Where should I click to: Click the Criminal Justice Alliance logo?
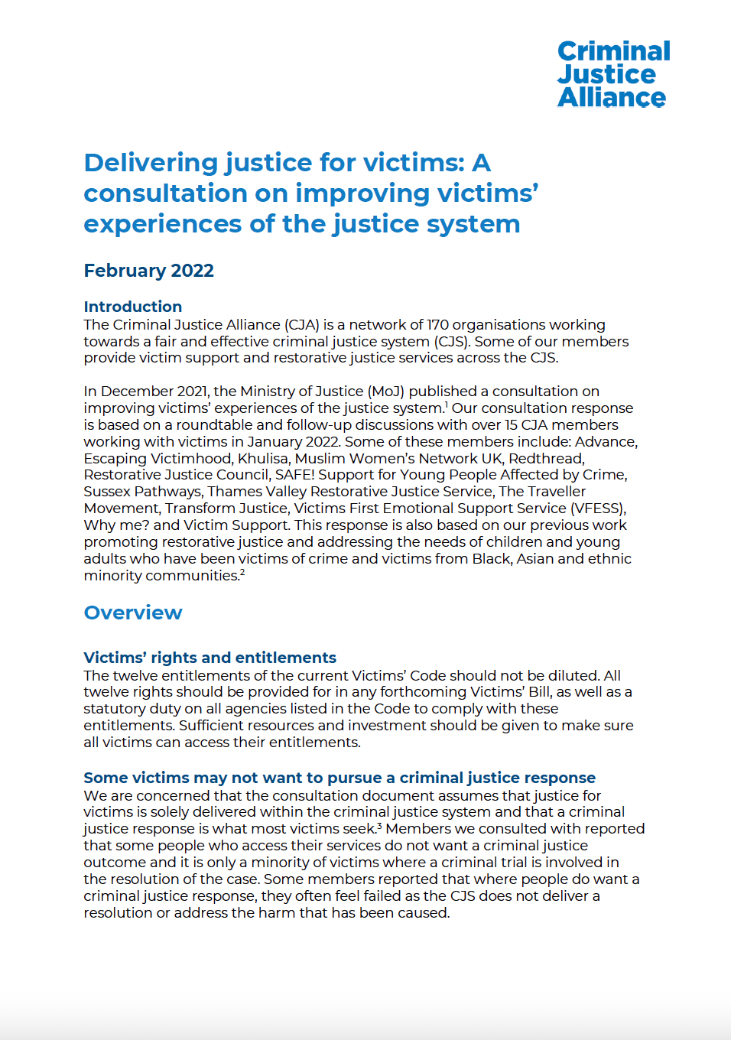(613, 74)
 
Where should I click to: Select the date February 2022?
(148, 271)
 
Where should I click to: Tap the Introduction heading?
(132, 307)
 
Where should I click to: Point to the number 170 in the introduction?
(438, 325)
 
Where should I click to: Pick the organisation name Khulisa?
(262, 459)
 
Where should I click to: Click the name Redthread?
(546, 459)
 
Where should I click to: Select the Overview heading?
(133, 613)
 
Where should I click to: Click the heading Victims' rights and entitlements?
(210, 658)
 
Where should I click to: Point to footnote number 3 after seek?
(379, 826)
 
